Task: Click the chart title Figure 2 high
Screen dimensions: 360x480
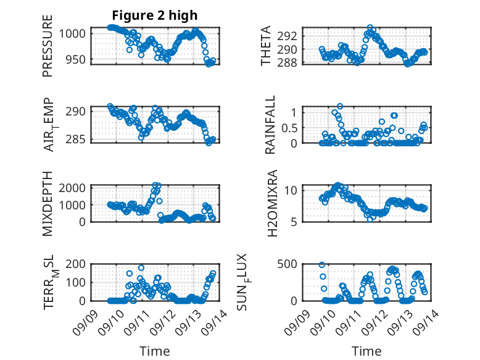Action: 155,15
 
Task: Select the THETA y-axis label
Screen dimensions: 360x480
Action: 266,46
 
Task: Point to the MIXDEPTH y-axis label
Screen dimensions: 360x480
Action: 48,204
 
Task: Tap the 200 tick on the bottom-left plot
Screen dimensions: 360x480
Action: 78,264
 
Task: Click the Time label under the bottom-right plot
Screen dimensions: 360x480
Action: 366,351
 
